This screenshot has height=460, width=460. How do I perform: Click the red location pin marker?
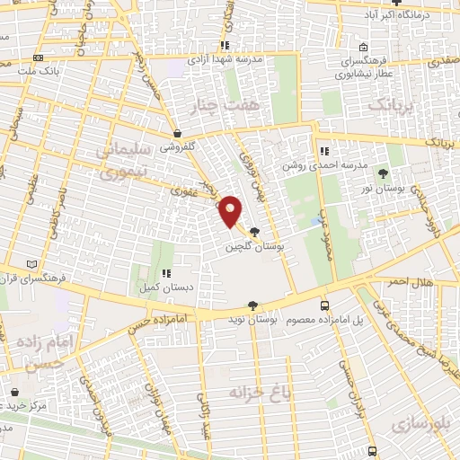point(231,210)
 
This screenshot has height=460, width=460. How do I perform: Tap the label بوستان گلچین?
point(253,245)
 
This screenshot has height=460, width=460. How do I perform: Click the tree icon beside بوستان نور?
point(384,172)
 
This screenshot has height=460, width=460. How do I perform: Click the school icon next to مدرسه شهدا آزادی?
point(225,44)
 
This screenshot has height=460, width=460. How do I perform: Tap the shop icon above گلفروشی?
point(177,133)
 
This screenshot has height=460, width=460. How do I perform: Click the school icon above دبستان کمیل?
point(165,273)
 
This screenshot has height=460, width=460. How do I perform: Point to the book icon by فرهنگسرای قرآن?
point(33,264)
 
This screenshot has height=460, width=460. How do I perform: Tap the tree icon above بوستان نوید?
point(253,305)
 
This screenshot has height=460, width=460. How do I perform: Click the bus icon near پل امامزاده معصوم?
point(325,305)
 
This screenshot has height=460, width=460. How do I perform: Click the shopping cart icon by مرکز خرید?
point(15,392)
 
